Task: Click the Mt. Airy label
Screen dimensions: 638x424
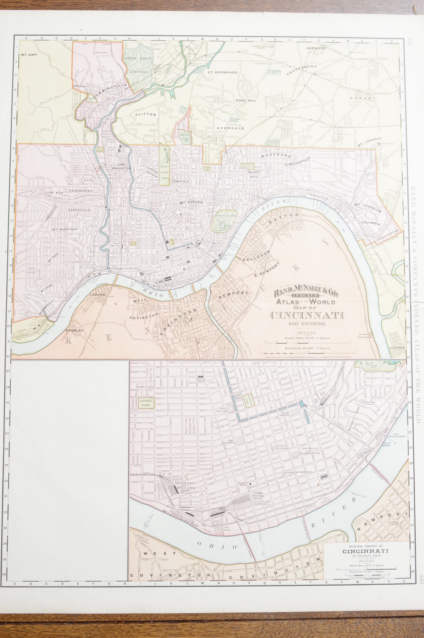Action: tap(29, 55)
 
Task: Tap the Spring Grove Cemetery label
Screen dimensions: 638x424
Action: tap(139, 65)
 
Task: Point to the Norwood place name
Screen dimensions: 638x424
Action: tap(316, 48)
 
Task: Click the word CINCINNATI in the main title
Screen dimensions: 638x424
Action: tap(307, 316)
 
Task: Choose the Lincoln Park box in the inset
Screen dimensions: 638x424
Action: tap(146, 403)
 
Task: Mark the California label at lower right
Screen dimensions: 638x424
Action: tap(396, 348)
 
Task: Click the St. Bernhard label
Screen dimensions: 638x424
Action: tap(223, 73)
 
